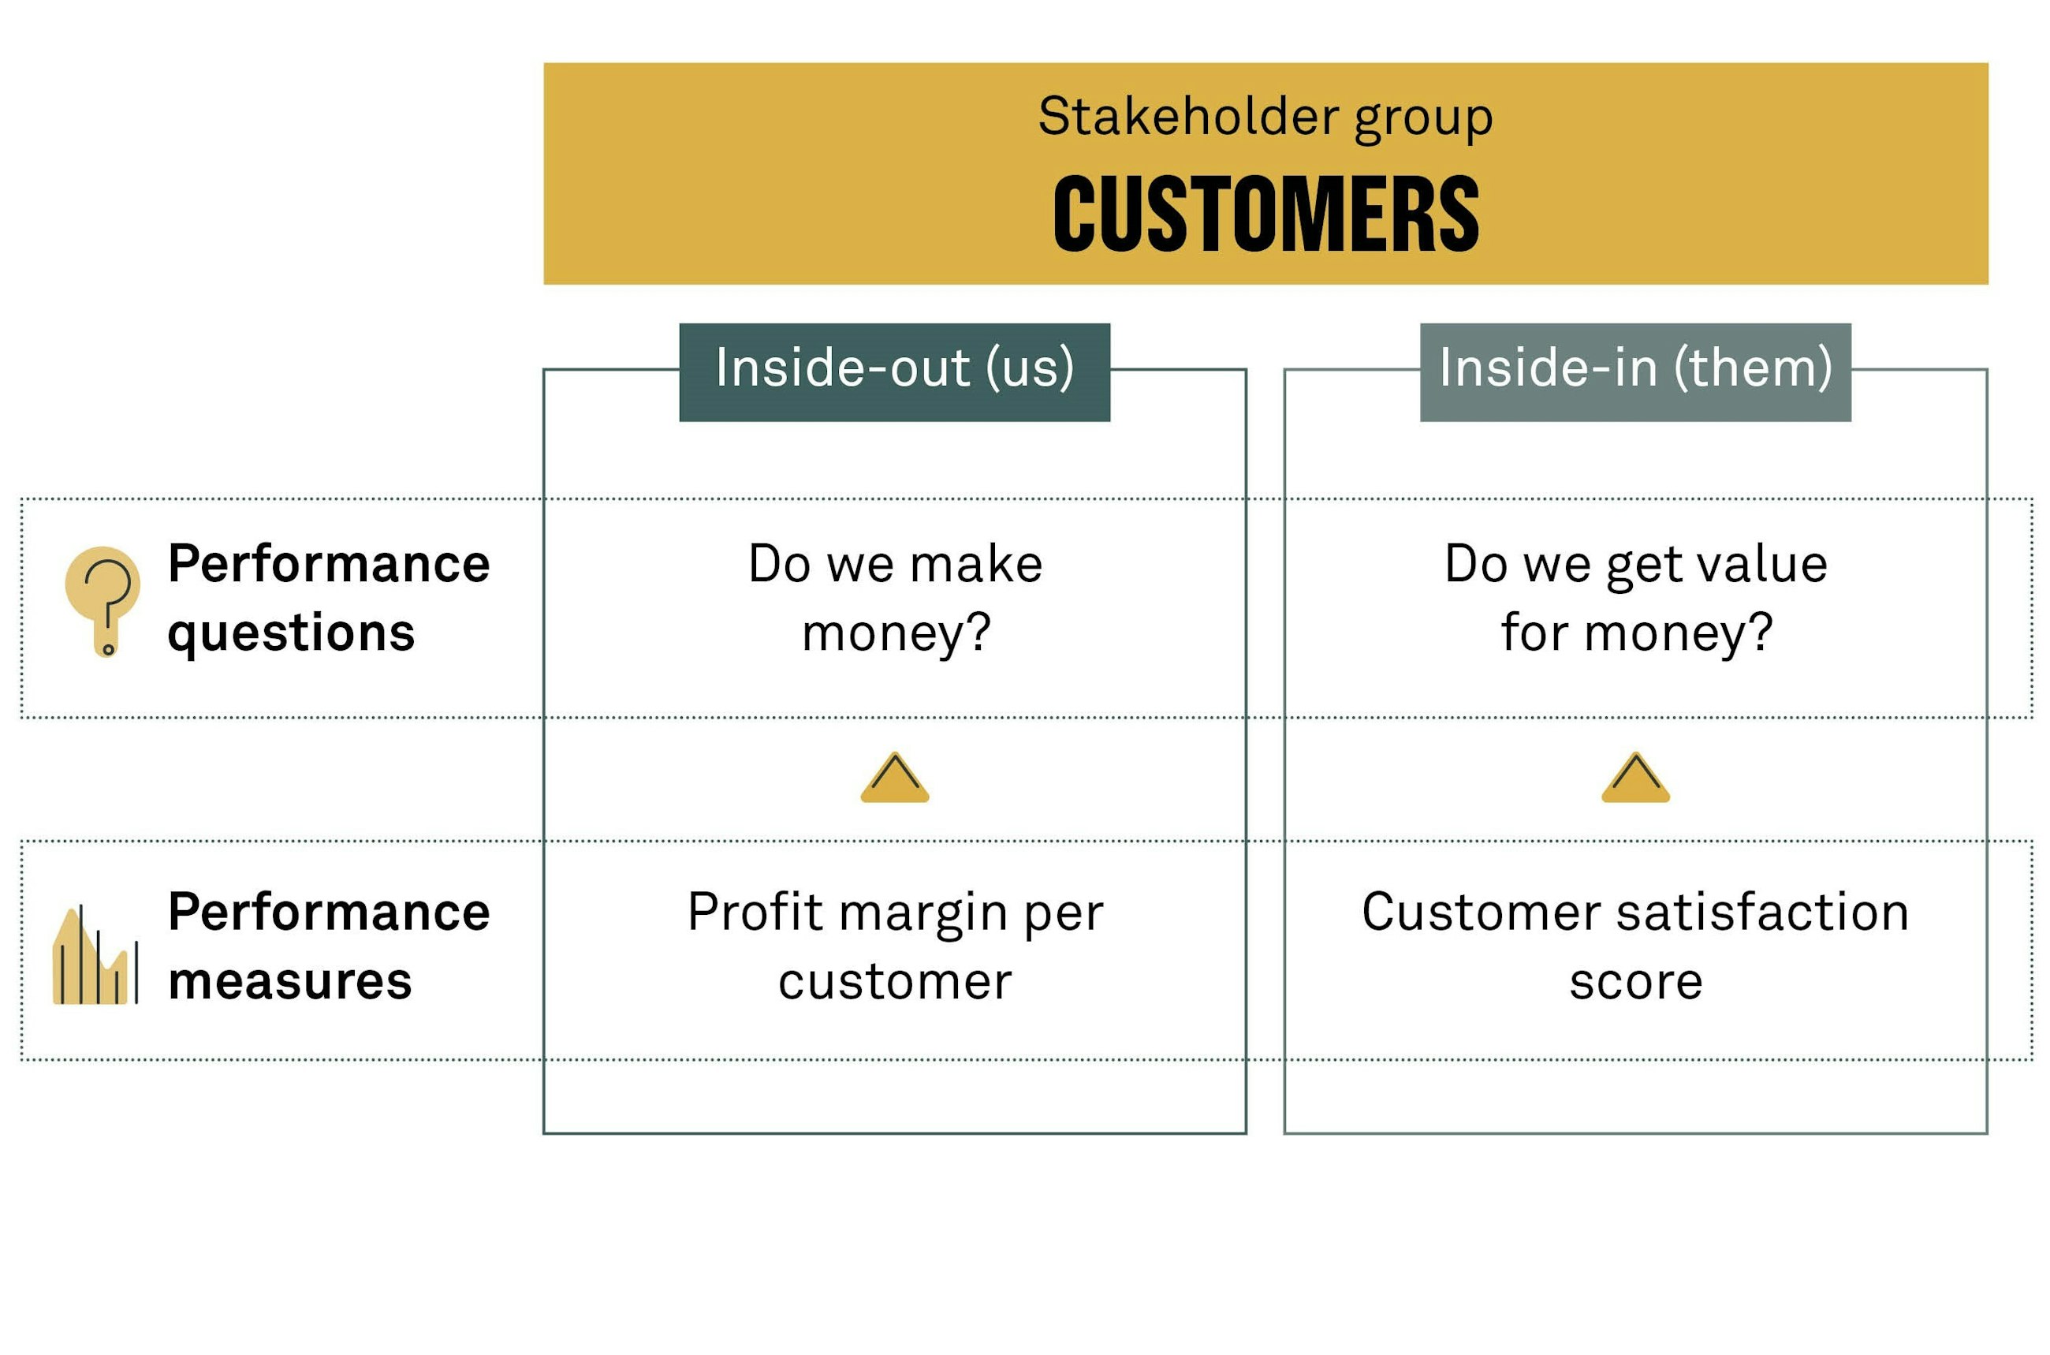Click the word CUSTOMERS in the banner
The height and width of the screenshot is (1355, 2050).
pos(1265,214)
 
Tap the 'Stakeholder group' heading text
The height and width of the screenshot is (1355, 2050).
pos(1265,118)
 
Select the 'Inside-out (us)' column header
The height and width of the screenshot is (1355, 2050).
pos(894,372)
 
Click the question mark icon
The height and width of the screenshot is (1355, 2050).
pos(102,600)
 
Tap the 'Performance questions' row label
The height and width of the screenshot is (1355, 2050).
pos(328,598)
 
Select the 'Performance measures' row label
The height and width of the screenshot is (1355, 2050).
pos(328,946)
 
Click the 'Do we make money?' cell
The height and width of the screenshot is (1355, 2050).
pos(895,598)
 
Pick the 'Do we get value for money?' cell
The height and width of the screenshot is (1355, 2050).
pos(1635,598)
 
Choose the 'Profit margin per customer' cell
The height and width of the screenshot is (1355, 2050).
pos(895,947)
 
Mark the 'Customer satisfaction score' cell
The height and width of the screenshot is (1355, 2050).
pos(1635,947)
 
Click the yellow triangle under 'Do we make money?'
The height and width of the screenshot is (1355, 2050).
pos(894,778)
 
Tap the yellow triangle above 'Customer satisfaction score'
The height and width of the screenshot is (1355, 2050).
pos(1635,778)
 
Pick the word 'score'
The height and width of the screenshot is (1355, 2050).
pos(1635,984)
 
